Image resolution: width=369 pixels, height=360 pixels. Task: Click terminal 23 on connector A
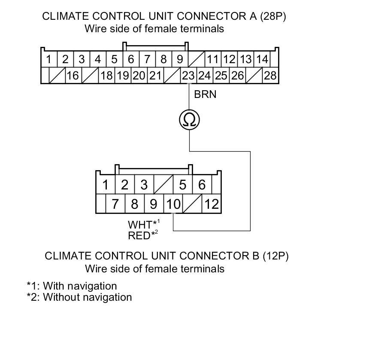pos(188,76)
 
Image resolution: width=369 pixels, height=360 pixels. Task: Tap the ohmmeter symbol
pos(189,120)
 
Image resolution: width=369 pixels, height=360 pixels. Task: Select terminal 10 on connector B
pos(173,204)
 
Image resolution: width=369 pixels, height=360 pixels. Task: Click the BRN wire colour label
pos(205,94)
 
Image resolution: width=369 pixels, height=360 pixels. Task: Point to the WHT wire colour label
pos(140,225)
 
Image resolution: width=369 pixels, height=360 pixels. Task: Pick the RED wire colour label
pos(139,235)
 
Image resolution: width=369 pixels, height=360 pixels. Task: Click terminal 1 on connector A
pos(49,59)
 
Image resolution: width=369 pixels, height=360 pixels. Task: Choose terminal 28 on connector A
pos(270,76)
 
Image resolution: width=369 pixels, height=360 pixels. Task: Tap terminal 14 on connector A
pos(262,59)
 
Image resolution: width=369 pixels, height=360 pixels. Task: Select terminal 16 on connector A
pos(73,76)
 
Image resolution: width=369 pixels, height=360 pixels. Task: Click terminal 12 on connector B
pos(212,204)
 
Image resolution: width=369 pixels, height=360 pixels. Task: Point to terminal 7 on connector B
pos(115,204)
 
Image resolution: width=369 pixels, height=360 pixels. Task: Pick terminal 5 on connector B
pos(183,185)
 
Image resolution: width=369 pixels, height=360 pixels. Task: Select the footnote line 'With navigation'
pos(72,286)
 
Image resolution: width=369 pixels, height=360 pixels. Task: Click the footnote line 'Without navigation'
pos(79,297)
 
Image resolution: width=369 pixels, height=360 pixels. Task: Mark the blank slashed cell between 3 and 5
pos(163,185)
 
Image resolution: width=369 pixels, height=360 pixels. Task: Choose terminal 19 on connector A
pos(123,76)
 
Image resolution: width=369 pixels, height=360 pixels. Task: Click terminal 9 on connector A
pos(180,59)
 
